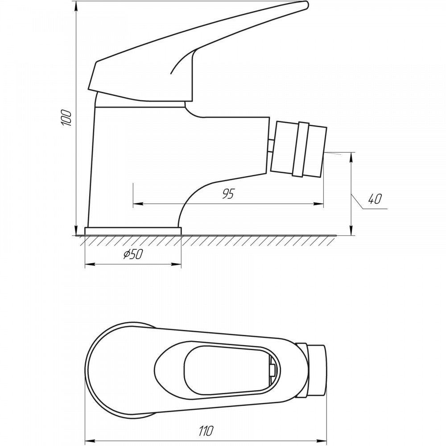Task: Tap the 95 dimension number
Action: [228, 194]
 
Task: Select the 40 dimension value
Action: [374, 199]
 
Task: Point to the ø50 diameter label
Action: [132, 254]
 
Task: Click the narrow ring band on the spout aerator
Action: [301, 149]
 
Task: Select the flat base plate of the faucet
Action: [133, 231]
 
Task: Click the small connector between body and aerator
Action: [271, 146]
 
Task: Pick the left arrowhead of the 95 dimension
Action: [138, 204]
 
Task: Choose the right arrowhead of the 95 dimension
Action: [318, 204]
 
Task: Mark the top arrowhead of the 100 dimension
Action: [76, 6]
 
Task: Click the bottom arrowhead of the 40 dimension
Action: [352, 231]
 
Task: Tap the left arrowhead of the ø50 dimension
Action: [90, 264]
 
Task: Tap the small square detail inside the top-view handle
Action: [272, 369]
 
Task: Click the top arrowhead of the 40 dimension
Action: [352, 157]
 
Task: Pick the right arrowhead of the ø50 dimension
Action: [176, 264]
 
